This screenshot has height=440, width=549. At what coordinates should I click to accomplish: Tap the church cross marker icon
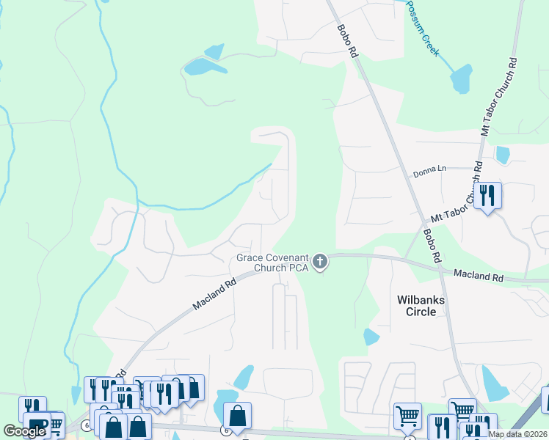319,261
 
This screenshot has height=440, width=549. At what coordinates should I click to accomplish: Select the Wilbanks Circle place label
416,306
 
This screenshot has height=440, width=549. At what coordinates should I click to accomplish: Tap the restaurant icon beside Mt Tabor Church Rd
487,196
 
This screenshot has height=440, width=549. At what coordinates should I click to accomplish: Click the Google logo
25,430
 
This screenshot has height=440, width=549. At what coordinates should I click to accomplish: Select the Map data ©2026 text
517,433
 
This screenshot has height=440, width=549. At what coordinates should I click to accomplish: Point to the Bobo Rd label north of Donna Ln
347,41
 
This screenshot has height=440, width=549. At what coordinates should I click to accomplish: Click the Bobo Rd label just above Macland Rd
431,246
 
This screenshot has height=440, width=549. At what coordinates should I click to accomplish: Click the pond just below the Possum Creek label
462,78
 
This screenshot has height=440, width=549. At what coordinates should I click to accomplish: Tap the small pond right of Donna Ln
503,155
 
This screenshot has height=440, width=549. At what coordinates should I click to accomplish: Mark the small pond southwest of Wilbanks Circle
371,337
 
